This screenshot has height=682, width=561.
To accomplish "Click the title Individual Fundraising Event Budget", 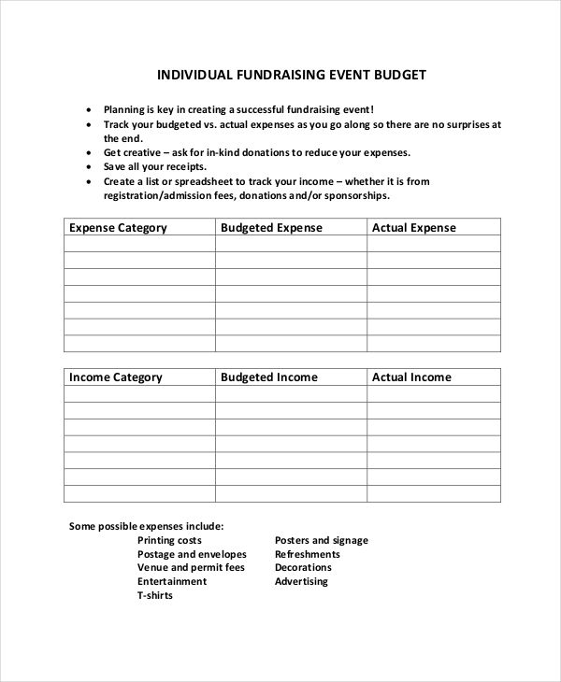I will (291, 75).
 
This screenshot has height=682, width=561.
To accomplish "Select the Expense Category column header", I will (119, 228).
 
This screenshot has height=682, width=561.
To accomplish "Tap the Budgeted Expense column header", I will (271, 228).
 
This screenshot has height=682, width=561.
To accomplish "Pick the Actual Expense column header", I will (414, 228).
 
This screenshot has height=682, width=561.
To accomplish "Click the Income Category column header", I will (116, 377).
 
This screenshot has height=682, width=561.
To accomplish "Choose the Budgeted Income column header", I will (269, 377).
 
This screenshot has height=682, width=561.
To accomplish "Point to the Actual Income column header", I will (411, 377).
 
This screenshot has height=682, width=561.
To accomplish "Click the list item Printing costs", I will (169, 540).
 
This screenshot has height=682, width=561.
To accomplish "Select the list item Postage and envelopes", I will (192, 554).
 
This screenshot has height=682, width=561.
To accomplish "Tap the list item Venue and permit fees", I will (191, 567).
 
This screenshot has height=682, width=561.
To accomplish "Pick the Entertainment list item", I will (172, 581).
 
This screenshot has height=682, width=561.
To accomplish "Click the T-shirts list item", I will (155, 595).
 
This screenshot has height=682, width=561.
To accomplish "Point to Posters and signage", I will (322, 540).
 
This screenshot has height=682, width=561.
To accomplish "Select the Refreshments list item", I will (308, 554).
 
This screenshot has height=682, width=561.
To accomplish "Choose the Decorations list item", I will (303, 567).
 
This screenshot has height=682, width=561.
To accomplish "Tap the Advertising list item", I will (301, 581).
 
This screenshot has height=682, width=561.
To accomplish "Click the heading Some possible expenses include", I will (146, 526).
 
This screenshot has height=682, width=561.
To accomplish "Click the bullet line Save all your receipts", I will (155, 166).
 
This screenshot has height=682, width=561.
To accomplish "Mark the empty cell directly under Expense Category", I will (139, 244).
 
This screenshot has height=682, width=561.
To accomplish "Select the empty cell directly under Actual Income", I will (433, 393).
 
